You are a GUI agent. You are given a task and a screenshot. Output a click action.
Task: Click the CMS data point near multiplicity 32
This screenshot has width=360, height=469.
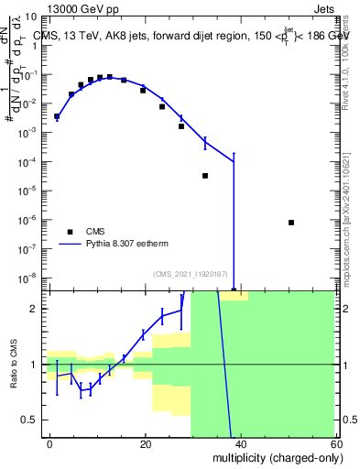(205, 175)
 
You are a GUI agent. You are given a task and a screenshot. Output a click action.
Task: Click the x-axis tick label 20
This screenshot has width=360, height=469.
(146, 443)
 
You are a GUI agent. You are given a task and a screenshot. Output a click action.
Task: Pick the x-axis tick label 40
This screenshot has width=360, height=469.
(240, 443)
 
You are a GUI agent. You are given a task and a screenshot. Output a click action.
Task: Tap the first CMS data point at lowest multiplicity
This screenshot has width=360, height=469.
(57, 116)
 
